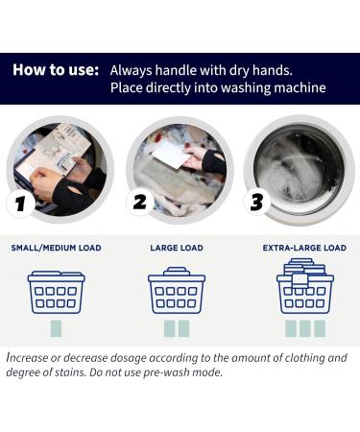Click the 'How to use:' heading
(x=56, y=70)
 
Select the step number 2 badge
(x=140, y=204)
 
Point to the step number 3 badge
(x=257, y=204)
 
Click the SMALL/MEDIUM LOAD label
(x=56, y=248)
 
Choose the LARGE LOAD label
(x=177, y=248)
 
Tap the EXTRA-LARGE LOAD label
(x=304, y=248)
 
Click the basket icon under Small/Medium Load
(x=56, y=289)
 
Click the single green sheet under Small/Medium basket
(x=56, y=328)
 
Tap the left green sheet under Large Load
(x=169, y=328)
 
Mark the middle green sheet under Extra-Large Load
(x=305, y=328)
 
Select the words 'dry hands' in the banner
(x=268, y=70)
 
